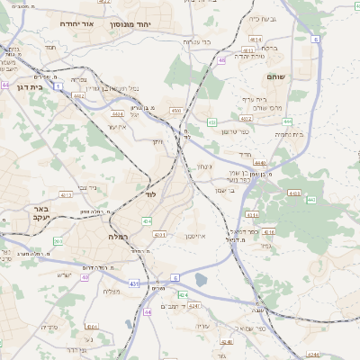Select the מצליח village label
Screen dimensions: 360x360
[112, 291]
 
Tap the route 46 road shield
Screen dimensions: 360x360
[221, 60]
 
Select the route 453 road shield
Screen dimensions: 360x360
[211, 121]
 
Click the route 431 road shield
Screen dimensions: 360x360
[133, 283]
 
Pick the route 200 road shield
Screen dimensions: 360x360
[58, 241]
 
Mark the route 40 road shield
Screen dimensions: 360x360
[85, 277]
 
